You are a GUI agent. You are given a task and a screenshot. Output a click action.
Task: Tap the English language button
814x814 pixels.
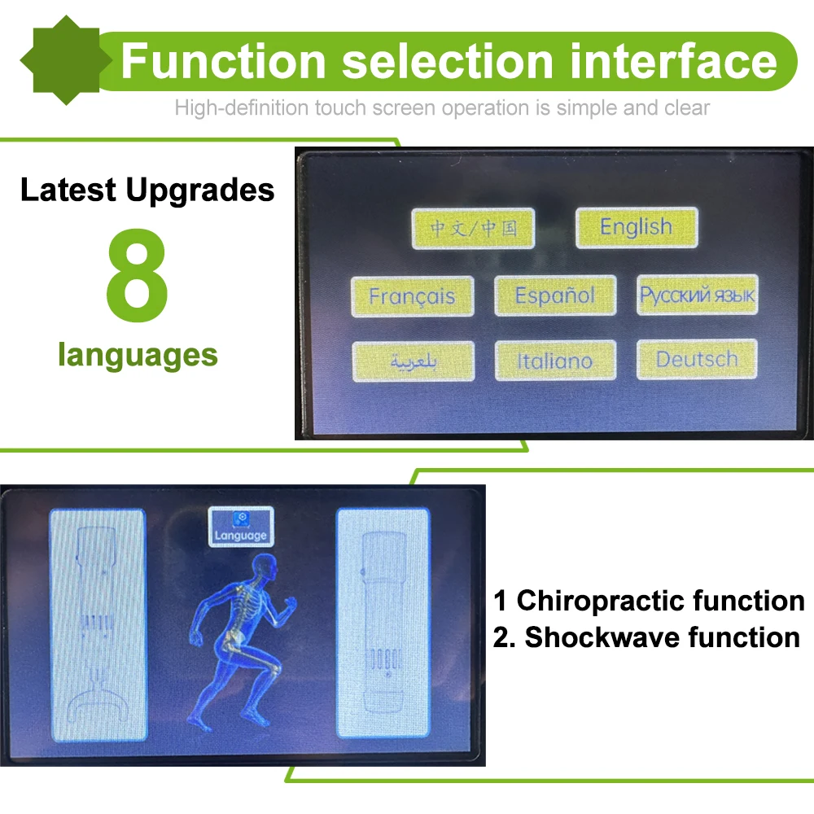(637, 227)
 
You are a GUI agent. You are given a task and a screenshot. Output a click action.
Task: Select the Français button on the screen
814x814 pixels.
(412, 296)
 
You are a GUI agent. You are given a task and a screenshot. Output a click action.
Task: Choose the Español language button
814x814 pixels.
(555, 295)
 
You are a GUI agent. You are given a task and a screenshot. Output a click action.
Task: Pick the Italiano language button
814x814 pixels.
(555, 361)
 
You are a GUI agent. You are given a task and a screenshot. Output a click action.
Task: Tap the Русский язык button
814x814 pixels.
(698, 295)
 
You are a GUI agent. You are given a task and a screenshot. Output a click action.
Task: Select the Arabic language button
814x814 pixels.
(414, 361)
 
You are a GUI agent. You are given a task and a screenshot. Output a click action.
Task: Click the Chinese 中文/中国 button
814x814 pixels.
(473, 229)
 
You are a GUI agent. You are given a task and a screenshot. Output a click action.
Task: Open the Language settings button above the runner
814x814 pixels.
(241, 527)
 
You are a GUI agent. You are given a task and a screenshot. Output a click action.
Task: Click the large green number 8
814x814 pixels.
(137, 274)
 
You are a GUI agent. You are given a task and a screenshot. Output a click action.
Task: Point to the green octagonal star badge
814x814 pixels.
(66, 60)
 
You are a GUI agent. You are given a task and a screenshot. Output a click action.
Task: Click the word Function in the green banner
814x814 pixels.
(223, 61)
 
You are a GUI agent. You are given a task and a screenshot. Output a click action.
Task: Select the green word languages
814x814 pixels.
(138, 356)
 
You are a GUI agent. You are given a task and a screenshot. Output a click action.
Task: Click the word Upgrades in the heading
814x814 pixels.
(200, 190)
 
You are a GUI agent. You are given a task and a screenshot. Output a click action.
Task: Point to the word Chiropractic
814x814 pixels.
(601, 601)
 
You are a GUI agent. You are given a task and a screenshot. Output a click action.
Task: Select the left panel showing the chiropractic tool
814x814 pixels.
(98, 624)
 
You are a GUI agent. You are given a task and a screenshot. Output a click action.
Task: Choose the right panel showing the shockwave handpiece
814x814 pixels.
(383, 623)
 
